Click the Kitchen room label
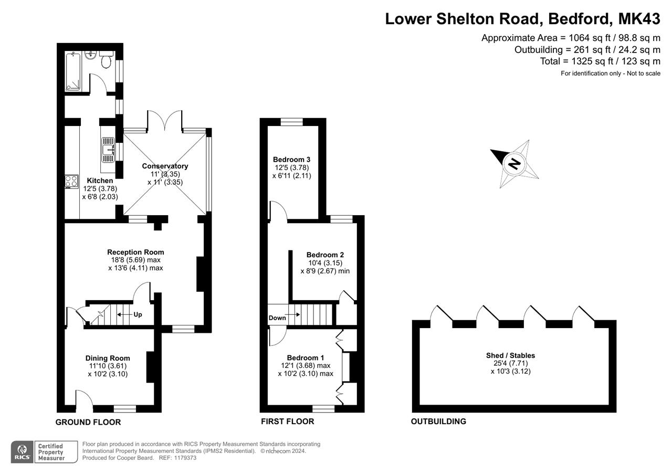point(100,181)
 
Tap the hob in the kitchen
point(72,182)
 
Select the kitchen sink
point(108,150)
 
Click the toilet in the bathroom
point(106,60)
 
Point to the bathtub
point(73,71)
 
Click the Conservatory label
point(165,166)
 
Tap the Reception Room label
point(135,252)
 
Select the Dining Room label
point(108,358)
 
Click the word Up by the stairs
point(138,314)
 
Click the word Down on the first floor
point(277,318)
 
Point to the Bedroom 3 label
point(291,160)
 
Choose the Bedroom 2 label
point(325,255)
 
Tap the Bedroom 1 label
point(306,358)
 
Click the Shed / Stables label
point(511,356)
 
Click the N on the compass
point(514,164)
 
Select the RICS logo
point(23,451)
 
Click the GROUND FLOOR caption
point(88,422)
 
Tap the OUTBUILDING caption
point(438,421)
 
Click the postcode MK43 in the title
point(639,18)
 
